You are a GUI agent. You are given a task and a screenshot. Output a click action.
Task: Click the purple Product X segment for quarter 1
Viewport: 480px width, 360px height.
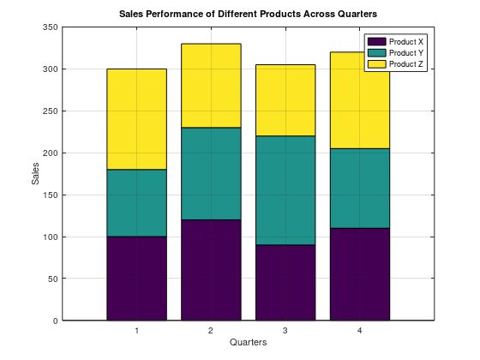pyautogui.click(x=136, y=279)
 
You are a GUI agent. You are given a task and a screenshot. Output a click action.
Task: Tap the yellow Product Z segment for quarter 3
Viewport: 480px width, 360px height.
pyautogui.click(x=285, y=100)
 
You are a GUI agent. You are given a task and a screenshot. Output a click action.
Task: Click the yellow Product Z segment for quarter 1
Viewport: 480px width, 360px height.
pyautogui.click(x=136, y=119)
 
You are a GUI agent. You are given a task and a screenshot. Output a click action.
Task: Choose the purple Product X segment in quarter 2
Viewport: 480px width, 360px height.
pyautogui.click(x=210, y=270)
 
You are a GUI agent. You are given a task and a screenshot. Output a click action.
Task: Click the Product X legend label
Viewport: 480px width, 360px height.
pyautogui.click(x=406, y=41)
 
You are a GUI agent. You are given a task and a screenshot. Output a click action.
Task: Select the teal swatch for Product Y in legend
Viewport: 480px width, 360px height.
pyautogui.click(x=376, y=52)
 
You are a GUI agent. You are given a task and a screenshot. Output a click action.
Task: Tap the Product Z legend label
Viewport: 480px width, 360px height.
pyautogui.click(x=406, y=64)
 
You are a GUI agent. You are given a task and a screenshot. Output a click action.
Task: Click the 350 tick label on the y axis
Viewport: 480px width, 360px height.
pyautogui.click(x=50, y=28)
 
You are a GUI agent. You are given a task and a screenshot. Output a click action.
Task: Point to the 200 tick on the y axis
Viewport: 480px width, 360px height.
pyautogui.click(x=50, y=153)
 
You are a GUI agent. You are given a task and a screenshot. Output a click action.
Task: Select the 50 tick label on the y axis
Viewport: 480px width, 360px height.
pyautogui.click(x=52, y=279)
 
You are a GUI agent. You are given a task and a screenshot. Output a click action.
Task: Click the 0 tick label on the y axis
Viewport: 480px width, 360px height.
pyautogui.click(x=55, y=321)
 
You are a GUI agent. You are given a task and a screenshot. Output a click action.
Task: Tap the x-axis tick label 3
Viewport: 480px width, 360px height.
pyautogui.click(x=285, y=331)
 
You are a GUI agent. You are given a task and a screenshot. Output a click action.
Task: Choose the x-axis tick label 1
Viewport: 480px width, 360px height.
pyautogui.click(x=136, y=331)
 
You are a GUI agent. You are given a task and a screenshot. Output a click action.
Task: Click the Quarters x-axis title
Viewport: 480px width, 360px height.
pyautogui.click(x=248, y=343)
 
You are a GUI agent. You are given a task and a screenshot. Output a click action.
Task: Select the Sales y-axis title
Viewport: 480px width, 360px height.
pyautogui.click(x=35, y=174)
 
